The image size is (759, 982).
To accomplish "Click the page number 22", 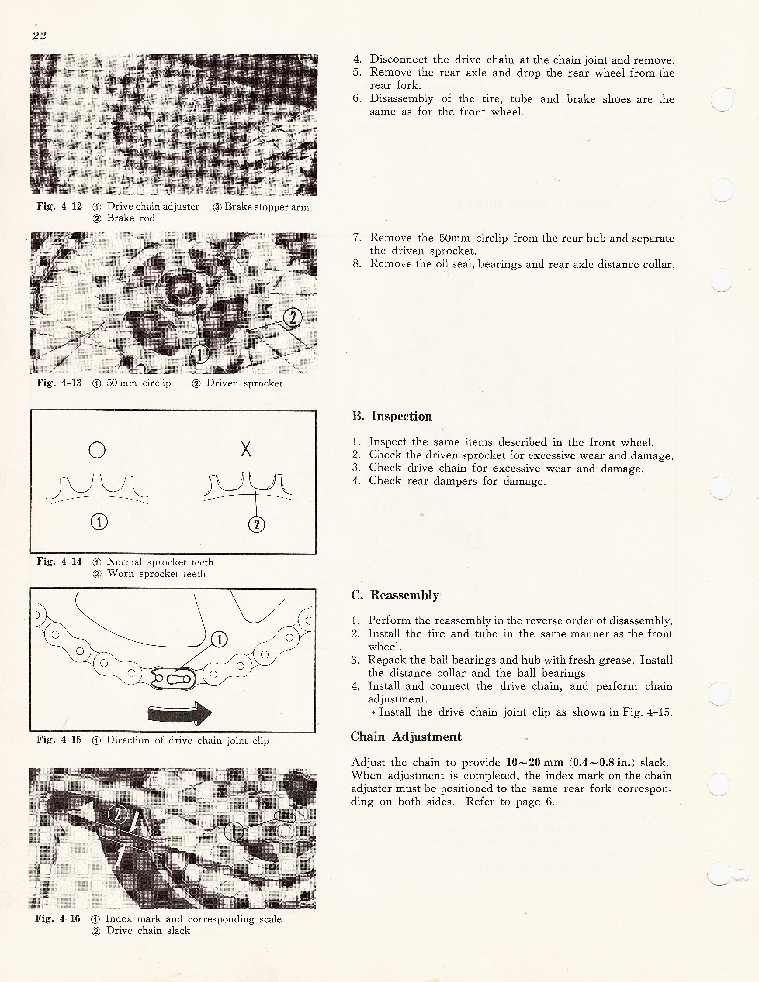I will (x=39, y=36).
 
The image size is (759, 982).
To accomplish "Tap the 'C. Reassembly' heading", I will (x=395, y=595).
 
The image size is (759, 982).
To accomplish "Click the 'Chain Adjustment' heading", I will (x=406, y=736).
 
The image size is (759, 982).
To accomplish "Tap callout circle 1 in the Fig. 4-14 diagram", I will (x=99, y=522).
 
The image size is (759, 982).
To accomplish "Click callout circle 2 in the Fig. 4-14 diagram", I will (x=256, y=524).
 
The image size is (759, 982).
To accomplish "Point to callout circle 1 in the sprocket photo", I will (x=200, y=355).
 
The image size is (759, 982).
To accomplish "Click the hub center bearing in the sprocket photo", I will (x=183, y=293).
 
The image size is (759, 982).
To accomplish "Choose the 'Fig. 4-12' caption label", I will (x=59, y=206).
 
